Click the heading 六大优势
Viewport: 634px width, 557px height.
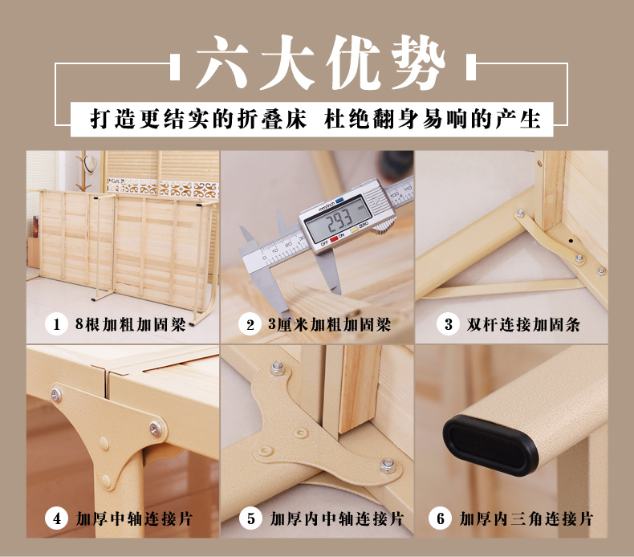click(321, 63)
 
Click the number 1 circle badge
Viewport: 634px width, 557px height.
click(57, 324)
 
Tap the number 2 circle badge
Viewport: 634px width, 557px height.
click(250, 324)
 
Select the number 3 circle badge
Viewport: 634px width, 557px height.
click(448, 324)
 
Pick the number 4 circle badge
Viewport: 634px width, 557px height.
click(57, 518)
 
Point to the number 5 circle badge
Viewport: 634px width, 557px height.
click(250, 518)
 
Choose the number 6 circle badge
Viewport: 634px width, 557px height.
click(441, 518)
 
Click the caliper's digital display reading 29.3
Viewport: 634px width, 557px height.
click(339, 221)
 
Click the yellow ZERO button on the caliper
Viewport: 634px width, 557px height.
click(354, 230)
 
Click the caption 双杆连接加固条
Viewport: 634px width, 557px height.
click(523, 325)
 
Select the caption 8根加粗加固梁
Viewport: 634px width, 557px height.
click(131, 324)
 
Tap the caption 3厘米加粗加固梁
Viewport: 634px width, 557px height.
click(329, 324)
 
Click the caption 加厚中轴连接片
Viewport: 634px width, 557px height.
click(134, 519)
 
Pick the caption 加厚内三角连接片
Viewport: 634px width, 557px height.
click(526, 519)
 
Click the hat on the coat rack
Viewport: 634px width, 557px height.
click(91, 163)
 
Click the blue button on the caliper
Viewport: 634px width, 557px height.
click(339, 199)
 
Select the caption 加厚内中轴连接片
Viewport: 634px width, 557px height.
click(337, 519)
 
